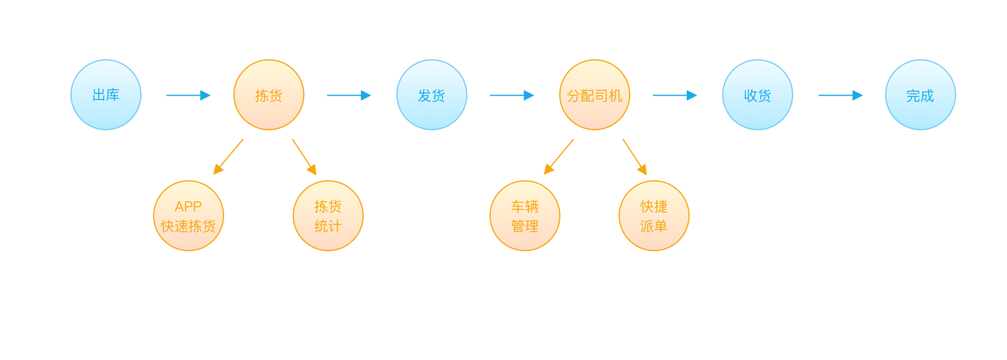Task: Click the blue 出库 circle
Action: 106,95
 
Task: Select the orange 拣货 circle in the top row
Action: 269,95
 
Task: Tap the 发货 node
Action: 431,95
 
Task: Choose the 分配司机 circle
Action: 595,95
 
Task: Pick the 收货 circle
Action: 757,95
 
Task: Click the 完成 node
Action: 920,95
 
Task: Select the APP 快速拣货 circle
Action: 189,216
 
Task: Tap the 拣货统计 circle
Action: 328,216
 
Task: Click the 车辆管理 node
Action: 525,216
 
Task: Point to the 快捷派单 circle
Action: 654,216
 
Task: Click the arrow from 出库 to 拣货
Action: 188,95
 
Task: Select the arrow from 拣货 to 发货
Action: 348,95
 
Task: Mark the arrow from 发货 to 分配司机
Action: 512,95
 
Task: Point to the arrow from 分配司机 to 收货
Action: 674,95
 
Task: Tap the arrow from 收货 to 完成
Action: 840,95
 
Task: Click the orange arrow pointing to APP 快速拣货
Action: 228,157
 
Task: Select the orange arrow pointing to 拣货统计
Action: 304,157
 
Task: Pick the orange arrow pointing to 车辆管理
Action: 559,157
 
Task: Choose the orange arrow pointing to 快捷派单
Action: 635,157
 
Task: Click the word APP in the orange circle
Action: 188,207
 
